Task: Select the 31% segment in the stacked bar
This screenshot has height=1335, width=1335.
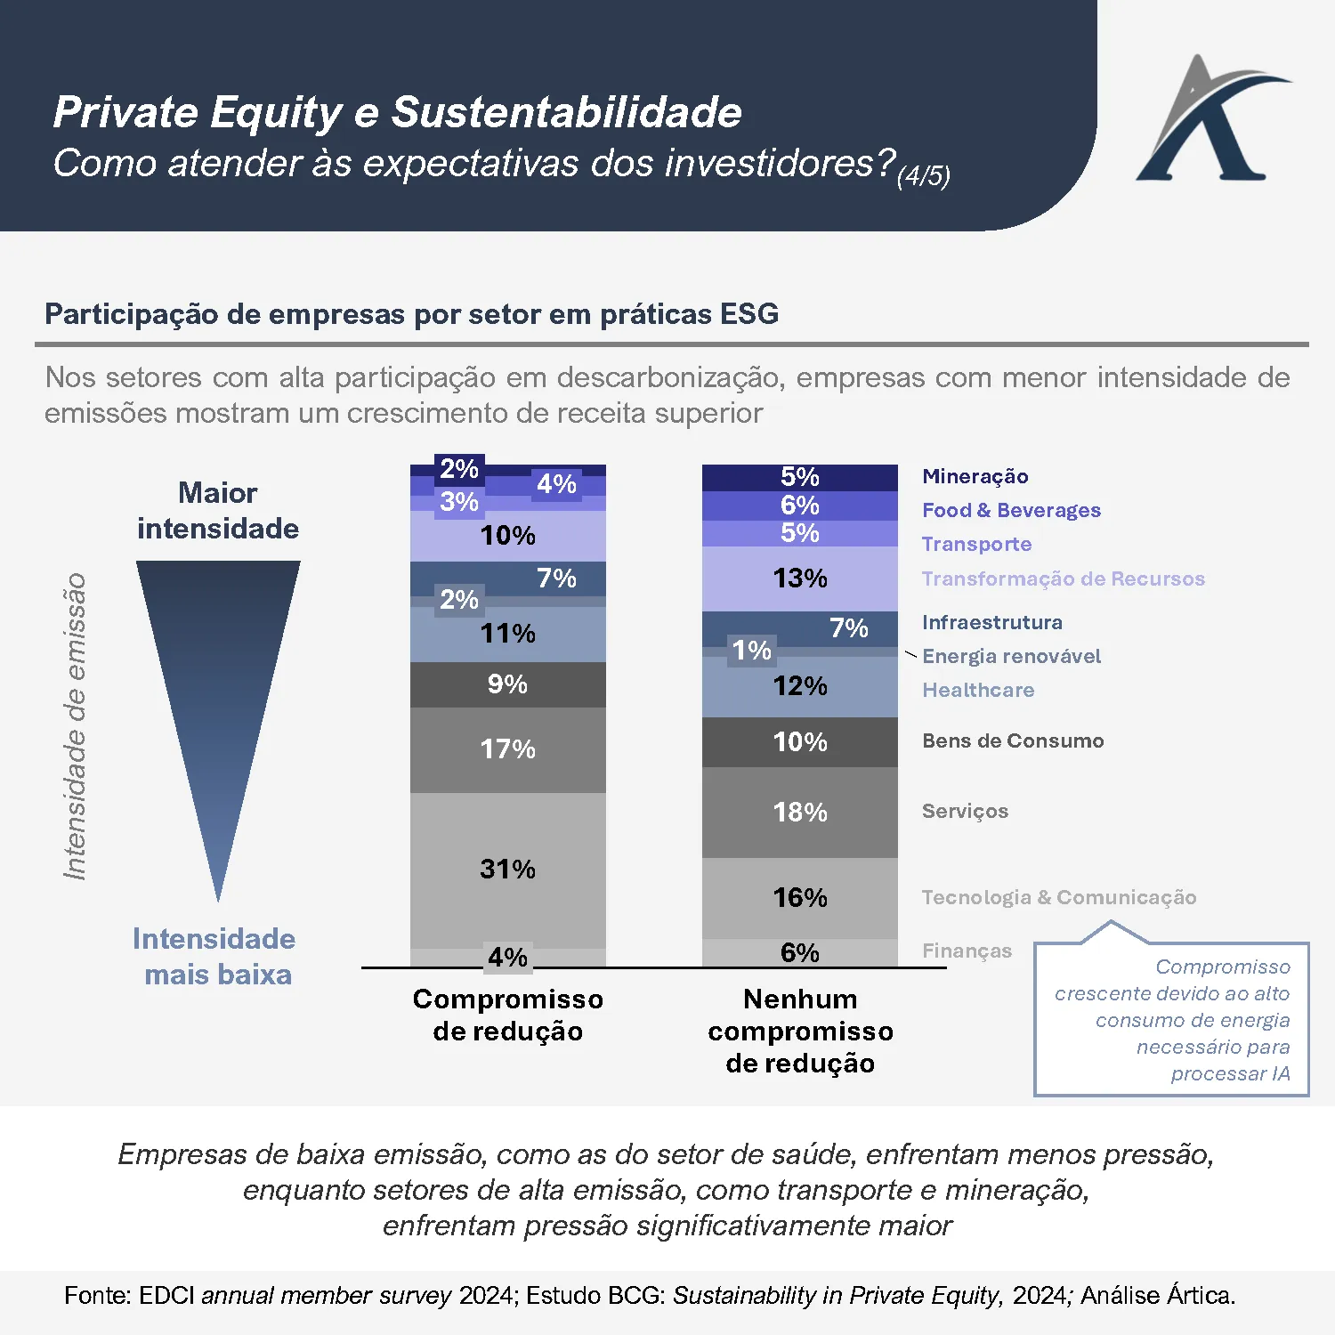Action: tap(507, 869)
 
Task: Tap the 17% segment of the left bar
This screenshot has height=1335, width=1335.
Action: tap(507, 749)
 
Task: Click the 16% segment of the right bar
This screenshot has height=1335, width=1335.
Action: tap(799, 897)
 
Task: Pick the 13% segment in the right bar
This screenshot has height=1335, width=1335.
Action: tap(799, 578)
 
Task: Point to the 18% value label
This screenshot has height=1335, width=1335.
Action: tap(799, 812)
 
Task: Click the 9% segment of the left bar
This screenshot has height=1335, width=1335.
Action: tap(507, 684)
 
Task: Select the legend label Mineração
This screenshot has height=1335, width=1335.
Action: tap(975, 476)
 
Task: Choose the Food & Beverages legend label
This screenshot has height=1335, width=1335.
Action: tap(1011, 510)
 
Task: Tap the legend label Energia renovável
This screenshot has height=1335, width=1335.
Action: tap(1011, 656)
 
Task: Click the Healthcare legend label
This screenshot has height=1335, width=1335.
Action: tap(978, 690)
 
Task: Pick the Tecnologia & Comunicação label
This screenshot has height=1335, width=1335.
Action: tap(1058, 897)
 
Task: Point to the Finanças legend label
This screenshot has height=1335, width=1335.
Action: tap(967, 951)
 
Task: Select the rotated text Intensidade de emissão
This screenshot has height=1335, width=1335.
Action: tap(75, 726)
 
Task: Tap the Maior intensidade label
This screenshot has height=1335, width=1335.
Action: tap(218, 511)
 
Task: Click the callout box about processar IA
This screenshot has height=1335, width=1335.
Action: tap(1171, 1020)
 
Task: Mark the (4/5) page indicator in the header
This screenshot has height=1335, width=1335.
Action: tap(923, 175)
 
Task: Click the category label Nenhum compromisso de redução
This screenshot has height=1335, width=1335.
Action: tap(800, 1031)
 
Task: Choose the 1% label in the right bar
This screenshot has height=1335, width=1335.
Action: tap(751, 651)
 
